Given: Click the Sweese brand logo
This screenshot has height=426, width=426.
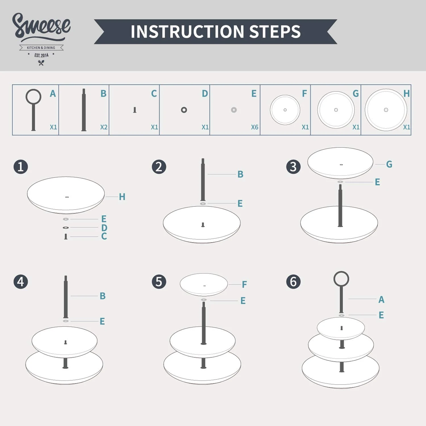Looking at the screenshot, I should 41,38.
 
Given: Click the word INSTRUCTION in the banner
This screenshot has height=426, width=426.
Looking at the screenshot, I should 187,32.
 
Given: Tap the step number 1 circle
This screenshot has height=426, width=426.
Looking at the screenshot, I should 21,167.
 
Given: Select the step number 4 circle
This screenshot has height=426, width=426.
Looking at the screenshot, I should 21,282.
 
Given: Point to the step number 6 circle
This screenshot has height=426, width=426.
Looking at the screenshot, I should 293,282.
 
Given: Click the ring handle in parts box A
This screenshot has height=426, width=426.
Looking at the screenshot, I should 34,97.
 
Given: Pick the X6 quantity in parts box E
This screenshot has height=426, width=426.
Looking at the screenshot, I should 254,127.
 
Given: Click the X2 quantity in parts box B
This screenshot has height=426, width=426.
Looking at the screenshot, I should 104,127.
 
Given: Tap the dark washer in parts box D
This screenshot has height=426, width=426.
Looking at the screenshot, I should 184,110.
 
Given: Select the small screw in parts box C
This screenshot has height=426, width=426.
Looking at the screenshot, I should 135,110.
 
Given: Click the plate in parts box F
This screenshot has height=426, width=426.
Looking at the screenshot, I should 285,110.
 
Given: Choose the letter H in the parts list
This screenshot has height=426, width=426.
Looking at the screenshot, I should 406,93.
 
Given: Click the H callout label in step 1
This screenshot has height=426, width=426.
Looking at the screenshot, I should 122,197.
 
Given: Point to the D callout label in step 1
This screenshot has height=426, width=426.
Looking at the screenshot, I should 104,228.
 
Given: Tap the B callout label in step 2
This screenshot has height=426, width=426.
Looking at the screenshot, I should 240,174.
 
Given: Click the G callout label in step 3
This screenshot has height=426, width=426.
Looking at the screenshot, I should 389,164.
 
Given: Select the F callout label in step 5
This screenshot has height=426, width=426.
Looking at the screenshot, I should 244,284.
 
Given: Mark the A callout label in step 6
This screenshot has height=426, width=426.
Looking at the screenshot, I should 381,300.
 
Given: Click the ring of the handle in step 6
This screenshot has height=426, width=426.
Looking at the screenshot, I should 341,279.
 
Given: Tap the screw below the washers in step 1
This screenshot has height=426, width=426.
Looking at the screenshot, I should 66,237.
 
